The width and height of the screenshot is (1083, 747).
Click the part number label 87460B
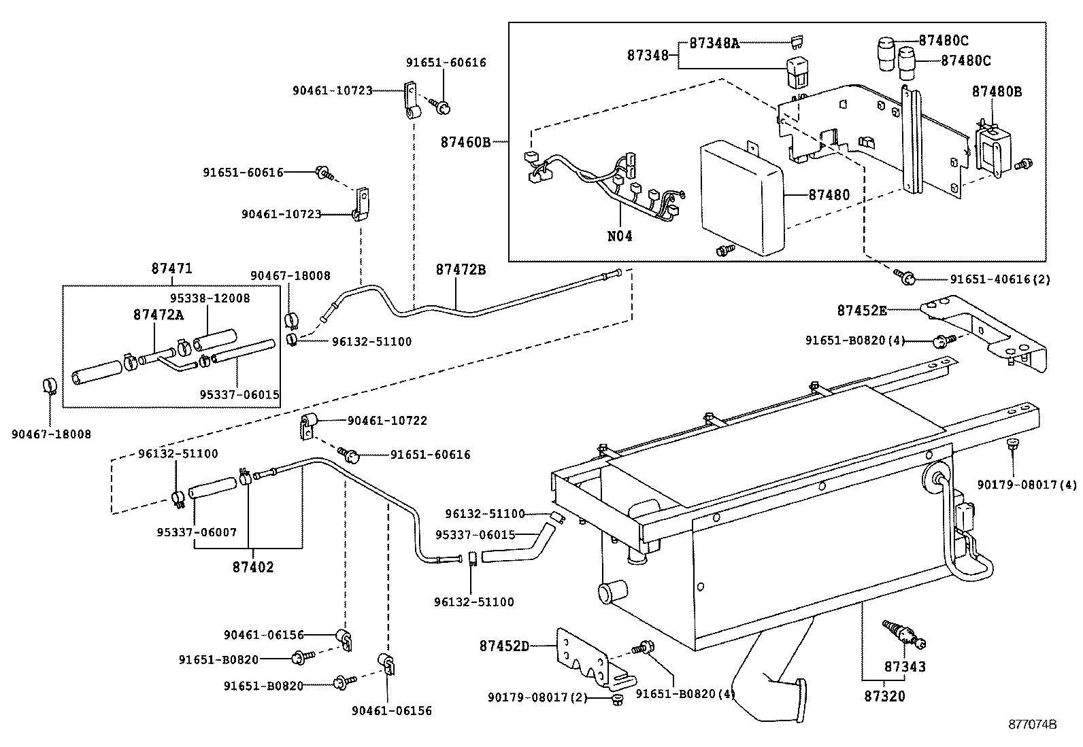coord(465,142)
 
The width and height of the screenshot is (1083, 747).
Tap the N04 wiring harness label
coord(619,237)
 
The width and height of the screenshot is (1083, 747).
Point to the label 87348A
coord(714,42)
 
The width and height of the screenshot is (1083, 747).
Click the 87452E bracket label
coord(861,311)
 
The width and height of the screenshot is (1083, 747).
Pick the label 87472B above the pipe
coord(461,269)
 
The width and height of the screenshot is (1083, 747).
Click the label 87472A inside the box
coord(159,314)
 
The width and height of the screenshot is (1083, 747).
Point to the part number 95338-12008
coord(210,298)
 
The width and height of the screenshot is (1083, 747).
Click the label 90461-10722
coord(386,421)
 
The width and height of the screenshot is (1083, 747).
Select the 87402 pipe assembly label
coord(252,567)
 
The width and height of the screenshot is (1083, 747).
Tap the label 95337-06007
coord(197,532)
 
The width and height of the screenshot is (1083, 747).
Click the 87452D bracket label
coord(503,646)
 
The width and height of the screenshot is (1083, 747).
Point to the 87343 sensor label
coord(905,667)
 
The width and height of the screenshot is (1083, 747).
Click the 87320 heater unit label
coord(884,696)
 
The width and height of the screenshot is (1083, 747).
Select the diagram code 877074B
coord(1032,725)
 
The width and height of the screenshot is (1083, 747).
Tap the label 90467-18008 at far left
coord(51,434)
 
